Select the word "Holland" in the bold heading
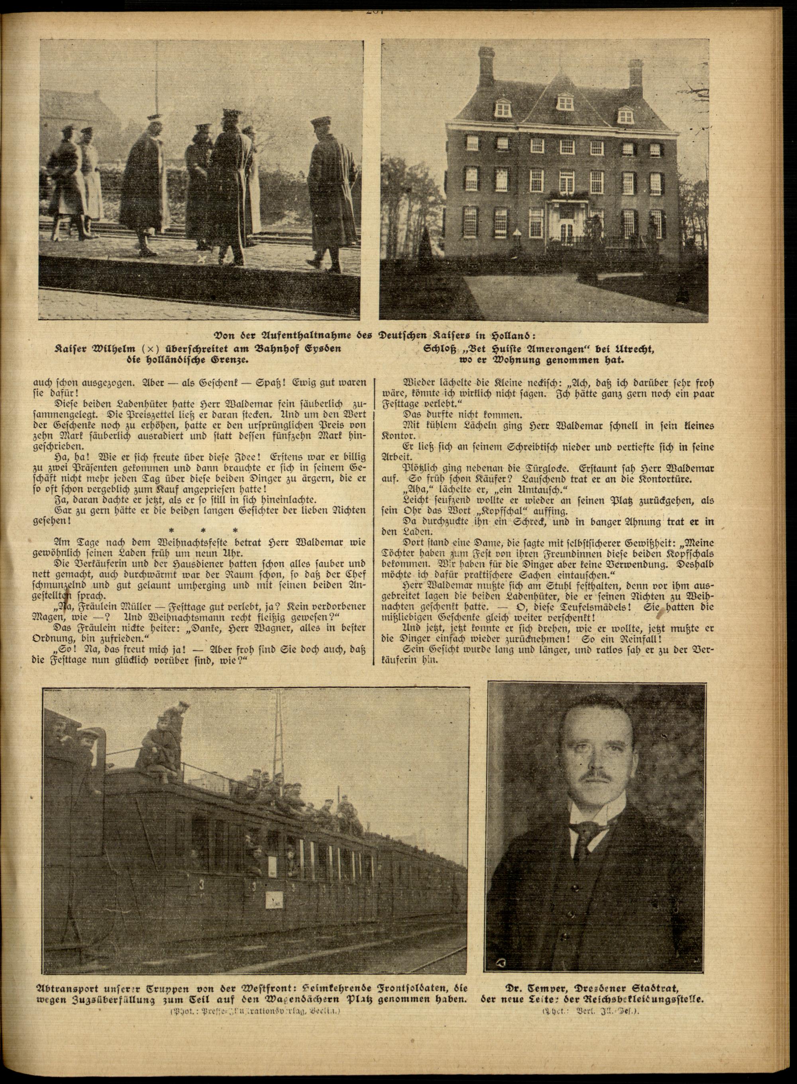tap(558, 336)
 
